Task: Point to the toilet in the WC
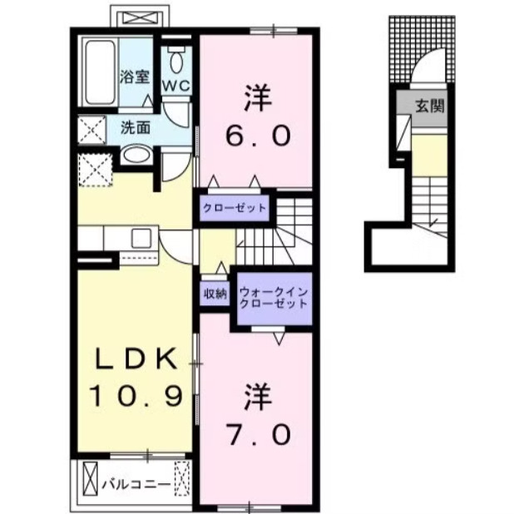175,59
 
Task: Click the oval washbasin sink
135,156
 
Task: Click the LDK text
135,360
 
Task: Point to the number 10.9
135,396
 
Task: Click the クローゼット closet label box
233,208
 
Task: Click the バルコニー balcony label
136,482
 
